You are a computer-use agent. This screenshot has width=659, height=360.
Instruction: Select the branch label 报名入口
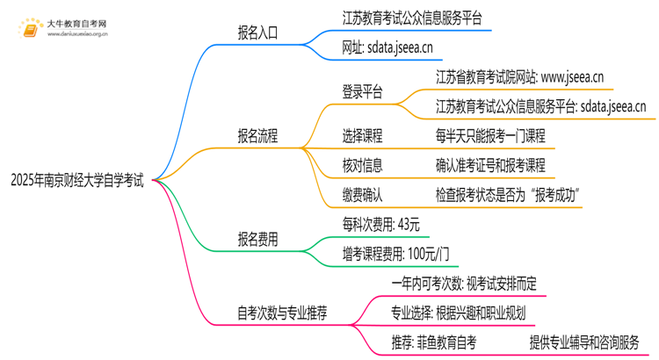pyautogui.click(x=257, y=32)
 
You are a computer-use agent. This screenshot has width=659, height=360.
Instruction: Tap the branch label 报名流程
pyautogui.click(x=257, y=135)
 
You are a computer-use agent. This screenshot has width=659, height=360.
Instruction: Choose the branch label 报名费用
pyautogui.click(x=257, y=238)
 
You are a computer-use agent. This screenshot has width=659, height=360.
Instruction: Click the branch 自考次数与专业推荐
pyautogui.click(x=283, y=313)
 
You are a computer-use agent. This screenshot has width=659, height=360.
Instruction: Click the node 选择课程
pyautogui.click(x=362, y=136)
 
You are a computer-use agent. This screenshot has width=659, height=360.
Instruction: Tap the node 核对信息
pyautogui.click(x=362, y=164)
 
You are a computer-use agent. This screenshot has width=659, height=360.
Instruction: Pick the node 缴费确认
pyautogui.click(x=362, y=193)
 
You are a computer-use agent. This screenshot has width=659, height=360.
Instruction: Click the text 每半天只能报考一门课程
pyautogui.click(x=490, y=136)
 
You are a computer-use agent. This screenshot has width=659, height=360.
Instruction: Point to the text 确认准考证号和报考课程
pyautogui.click(x=490, y=164)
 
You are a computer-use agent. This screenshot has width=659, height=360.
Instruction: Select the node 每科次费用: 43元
pyautogui.click(x=380, y=225)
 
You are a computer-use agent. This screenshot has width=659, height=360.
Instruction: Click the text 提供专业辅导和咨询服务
pyautogui.click(x=583, y=342)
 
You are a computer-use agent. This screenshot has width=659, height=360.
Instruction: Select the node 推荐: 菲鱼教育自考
pyautogui.click(x=433, y=342)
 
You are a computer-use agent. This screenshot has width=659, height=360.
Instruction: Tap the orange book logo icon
pyautogui.click(x=28, y=28)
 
